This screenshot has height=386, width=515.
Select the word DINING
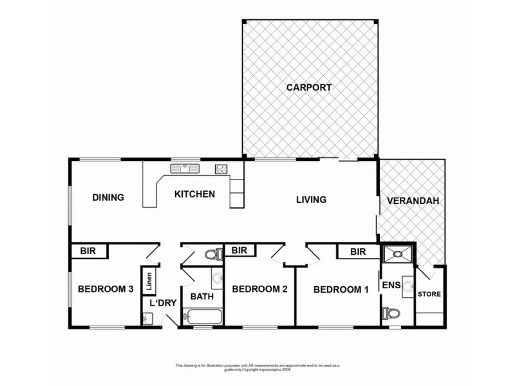click(x=108, y=198)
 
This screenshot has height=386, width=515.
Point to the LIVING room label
click(x=311, y=199)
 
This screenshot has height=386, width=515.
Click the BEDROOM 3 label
click(x=105, y=289)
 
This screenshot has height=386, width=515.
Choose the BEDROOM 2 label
click(x=259, y=289)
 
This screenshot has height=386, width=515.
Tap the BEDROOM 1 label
click(x=341, y=289)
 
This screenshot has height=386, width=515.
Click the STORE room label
click(x=429, y=295)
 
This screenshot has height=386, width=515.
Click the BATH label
click(x=201, y=297)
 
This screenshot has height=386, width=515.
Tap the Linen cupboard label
click(x=149, y=281)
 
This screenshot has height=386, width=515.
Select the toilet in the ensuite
click(x=390, y=314)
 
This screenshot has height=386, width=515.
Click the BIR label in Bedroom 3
click(x=88, y=251)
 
